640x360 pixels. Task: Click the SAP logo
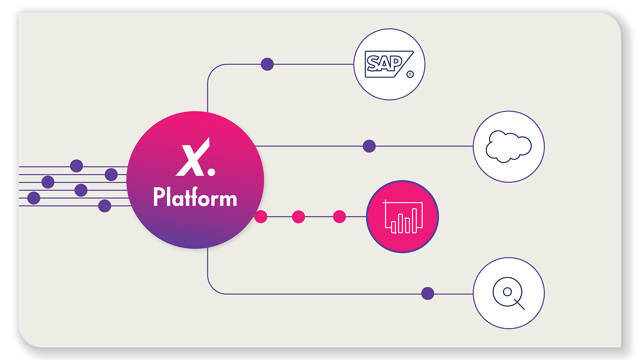(387, 64)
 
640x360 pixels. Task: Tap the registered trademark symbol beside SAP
(410, 74)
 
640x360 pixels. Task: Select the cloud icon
(509, 147)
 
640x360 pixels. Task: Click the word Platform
(195, 197)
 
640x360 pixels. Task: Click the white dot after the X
(211, 172)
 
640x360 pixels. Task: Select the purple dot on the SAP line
(267, 64)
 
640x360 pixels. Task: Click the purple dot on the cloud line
(369, 146)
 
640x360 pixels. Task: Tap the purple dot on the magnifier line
(428, 294)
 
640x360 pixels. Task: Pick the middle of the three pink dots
(298, 217)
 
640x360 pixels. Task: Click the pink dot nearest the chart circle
(339, 217)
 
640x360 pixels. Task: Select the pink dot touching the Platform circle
(261, 217)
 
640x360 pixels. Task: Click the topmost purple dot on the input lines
(76, 166)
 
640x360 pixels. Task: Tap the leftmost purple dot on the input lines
(34, 198)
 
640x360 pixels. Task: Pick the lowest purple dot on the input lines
(105, 206)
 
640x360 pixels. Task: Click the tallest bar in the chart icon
(415, 220)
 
